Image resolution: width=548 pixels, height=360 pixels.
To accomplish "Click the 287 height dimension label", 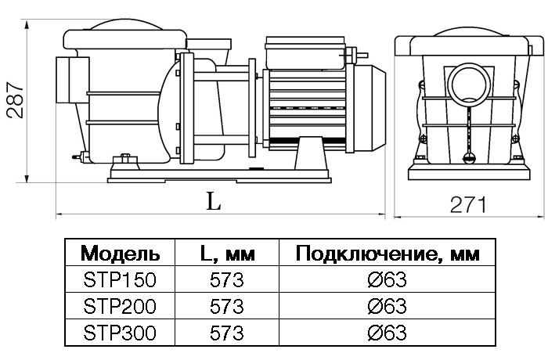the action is tap(16, 100).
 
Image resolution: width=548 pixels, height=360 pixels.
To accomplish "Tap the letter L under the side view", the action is tap(214, 201).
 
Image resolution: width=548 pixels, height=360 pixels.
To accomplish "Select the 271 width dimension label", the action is tap(468, 204).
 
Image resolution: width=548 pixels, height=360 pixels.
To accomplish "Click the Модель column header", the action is tap(120, 254).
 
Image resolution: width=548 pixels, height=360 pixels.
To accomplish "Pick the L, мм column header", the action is tap(227, 254).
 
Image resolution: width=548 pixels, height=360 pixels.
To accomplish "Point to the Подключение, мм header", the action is tap(388, 254).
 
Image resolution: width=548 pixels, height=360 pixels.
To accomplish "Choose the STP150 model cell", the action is tap(120, 279).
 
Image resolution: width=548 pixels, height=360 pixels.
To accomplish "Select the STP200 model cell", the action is tap(120, 306).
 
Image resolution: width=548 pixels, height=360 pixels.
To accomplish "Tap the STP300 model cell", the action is tap(120, 333).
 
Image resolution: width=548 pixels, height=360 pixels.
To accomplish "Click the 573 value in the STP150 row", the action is tap(226, 279).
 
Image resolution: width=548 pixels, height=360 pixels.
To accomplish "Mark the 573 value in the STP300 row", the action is tap(226, 333).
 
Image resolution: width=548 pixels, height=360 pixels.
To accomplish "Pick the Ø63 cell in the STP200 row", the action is tap(388, 306).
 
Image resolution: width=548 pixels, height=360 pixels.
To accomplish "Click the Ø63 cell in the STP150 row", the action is tap(388, 279).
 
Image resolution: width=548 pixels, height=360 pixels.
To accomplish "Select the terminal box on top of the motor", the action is tap(305, 52).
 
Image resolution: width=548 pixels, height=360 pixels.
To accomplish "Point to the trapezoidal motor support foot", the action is tap(311, 153).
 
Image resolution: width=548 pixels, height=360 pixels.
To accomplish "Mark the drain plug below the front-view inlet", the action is tap(468, 157).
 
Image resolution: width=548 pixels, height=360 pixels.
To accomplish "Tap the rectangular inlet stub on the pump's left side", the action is tap(72, 80).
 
